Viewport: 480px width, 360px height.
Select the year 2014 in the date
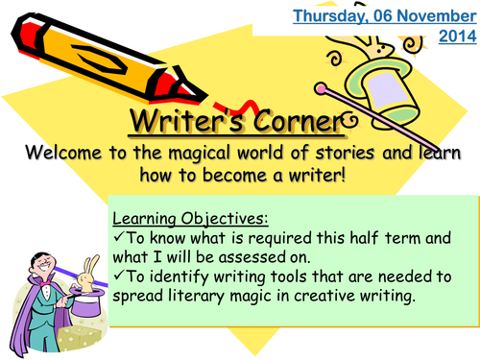click(455, 36)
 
